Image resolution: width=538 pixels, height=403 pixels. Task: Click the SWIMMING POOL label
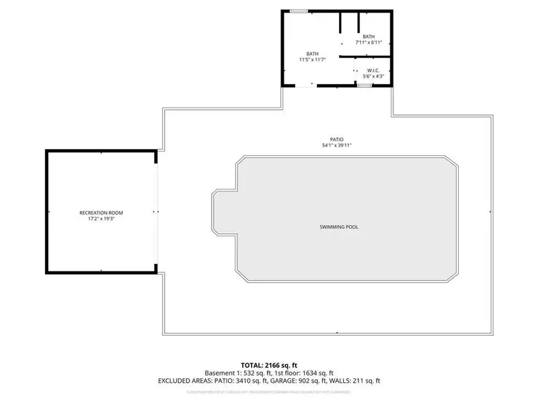coord(339,227)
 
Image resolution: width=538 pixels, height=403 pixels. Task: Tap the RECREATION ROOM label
coord(102,213)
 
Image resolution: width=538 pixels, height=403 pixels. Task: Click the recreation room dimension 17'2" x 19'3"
coord(102,219)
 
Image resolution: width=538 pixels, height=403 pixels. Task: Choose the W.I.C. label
coord(373,71)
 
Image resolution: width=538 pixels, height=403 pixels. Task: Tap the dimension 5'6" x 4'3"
coord(373,77)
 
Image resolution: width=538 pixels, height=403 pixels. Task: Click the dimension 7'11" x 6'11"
coord(369,42)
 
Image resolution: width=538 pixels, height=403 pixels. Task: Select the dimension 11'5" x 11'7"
coord(312,60)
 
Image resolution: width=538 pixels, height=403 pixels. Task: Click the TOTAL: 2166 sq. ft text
coord(268,365)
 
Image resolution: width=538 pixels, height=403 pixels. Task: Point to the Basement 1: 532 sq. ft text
coord(235,373)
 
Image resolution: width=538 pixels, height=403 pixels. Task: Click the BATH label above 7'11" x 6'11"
coord(369,36)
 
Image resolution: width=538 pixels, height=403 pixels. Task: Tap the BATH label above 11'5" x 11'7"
coord(312,54)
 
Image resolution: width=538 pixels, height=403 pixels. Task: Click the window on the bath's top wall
coord(299,11)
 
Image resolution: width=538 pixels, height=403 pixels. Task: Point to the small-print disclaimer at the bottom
coord(268,390)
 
